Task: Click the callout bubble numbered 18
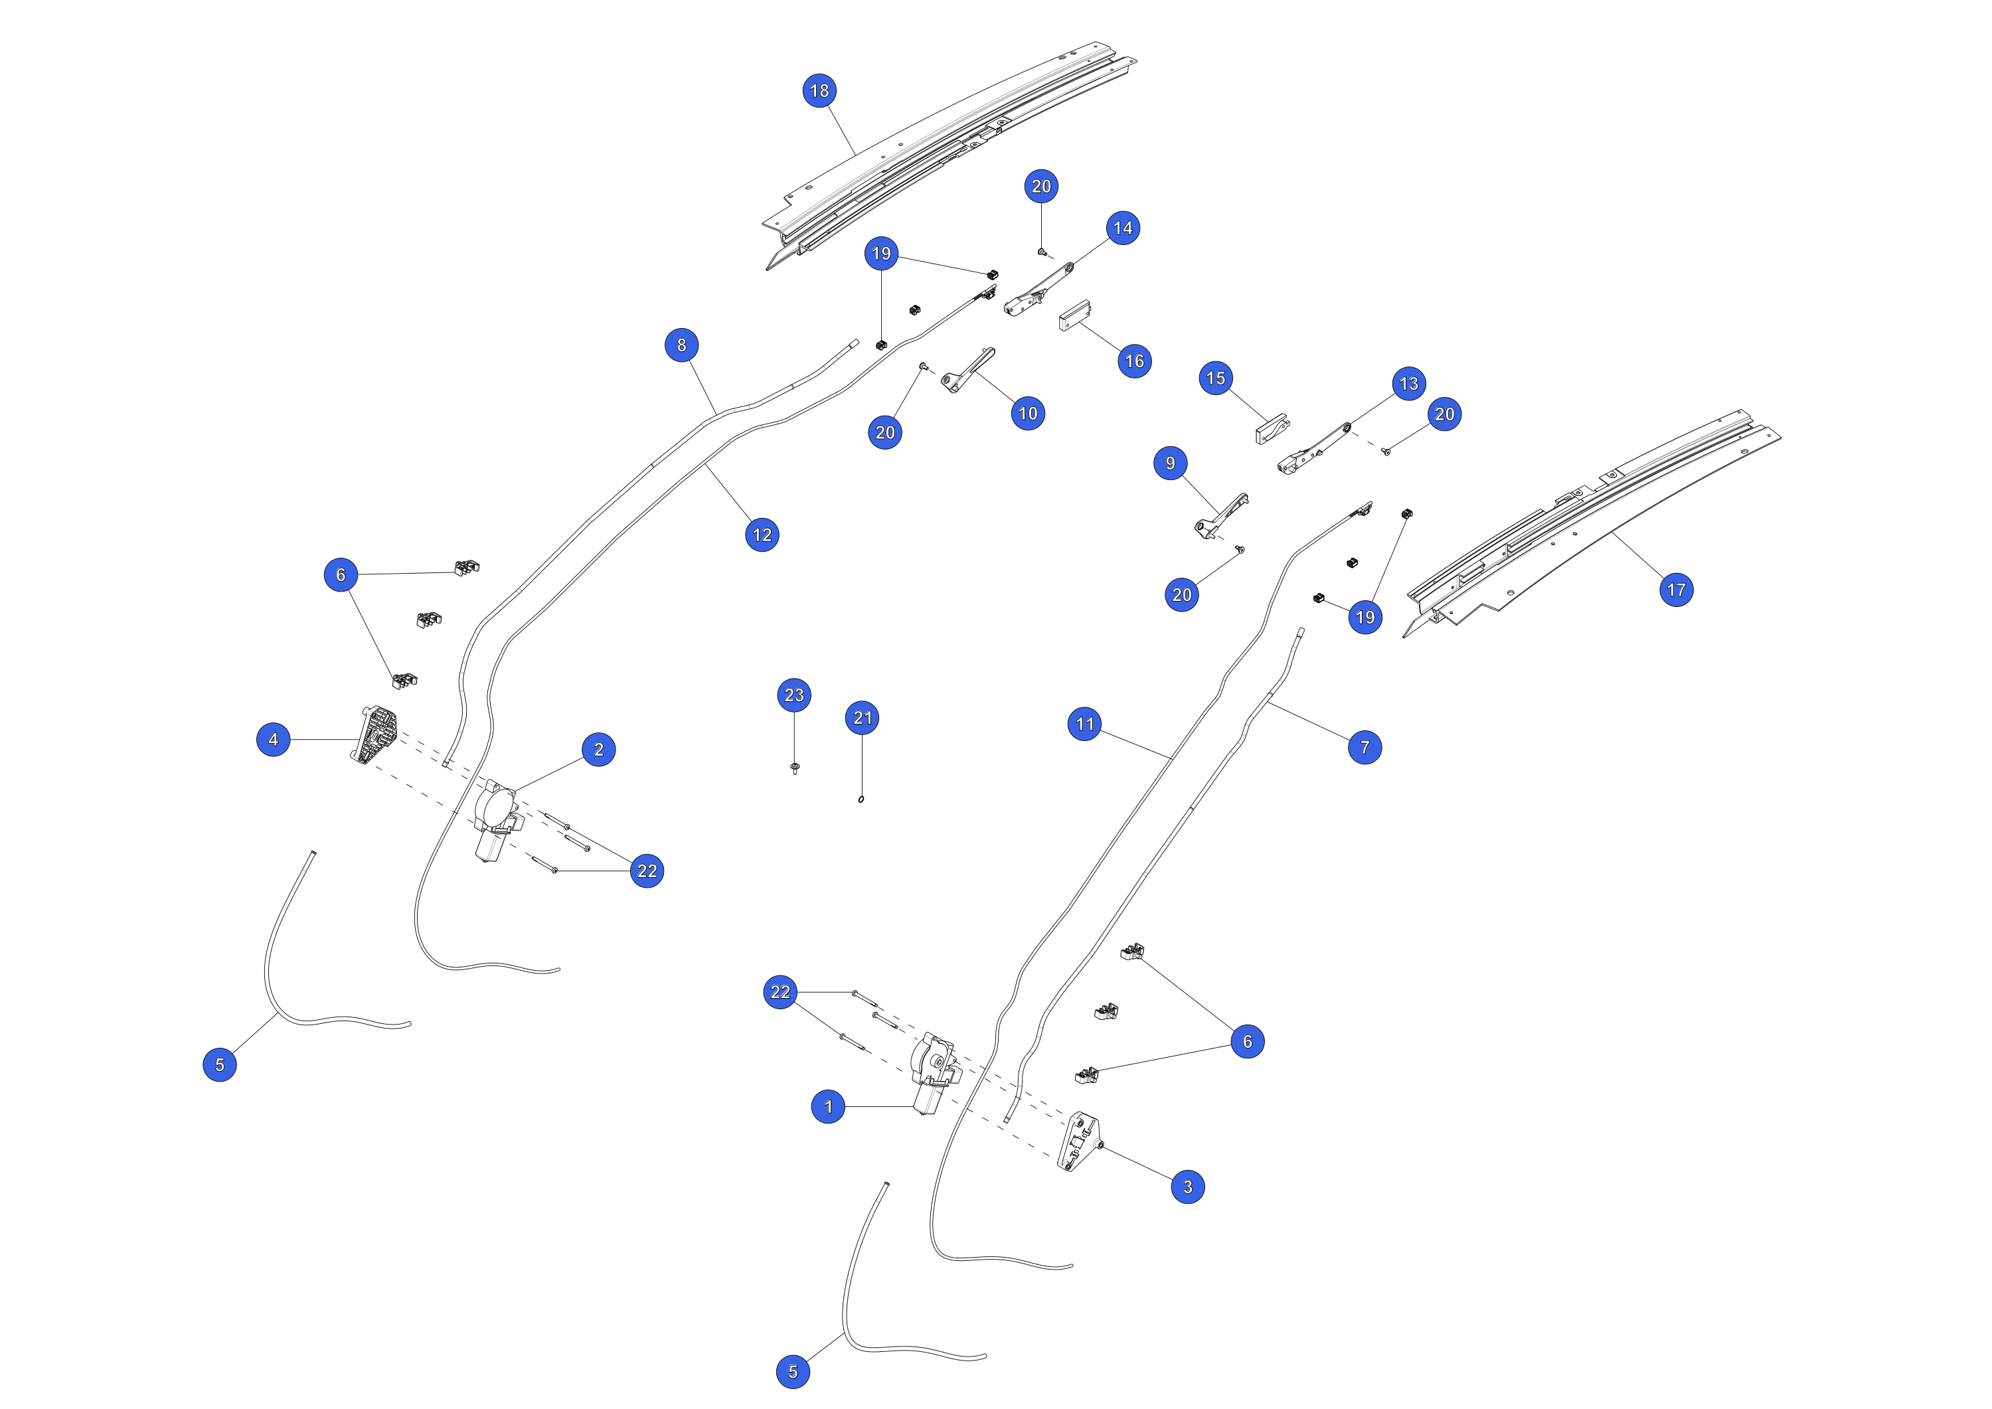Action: [820, 90]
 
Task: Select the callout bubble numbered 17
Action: [1676, 590]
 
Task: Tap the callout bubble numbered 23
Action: [795, 695]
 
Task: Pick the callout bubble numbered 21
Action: [863, 718]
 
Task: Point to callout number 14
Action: [1123, 228]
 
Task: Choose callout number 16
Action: [1135, 361]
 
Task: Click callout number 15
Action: [1216, 378]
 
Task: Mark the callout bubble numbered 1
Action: [829, 1106]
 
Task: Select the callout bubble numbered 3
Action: [1188, 1186]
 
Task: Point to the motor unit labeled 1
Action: [934, 1073]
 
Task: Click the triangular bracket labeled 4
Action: [376, 736]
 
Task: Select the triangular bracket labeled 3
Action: [1079, 1141]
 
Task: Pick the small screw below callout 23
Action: [795, 768]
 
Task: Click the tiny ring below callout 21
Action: [861, 799]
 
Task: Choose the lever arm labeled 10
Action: [967, 371]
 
